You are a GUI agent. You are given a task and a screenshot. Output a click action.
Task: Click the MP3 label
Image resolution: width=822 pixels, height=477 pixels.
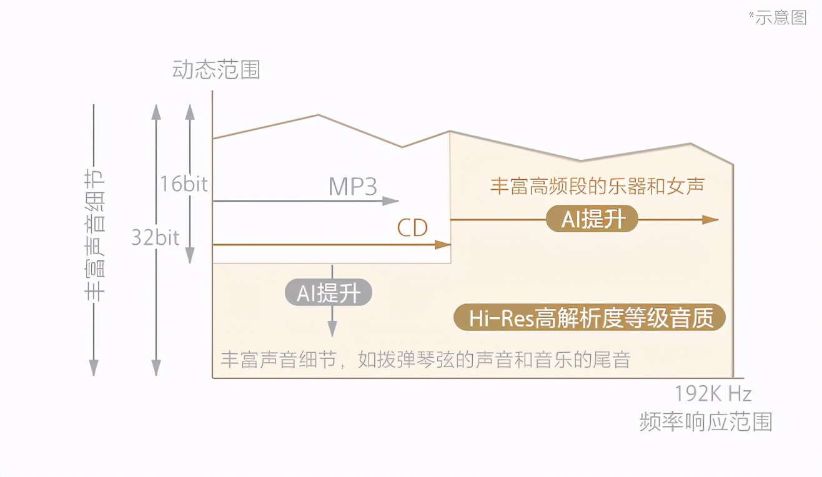(x=354, y=186)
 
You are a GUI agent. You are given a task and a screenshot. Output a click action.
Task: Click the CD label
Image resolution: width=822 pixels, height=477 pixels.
(x=412, y=228)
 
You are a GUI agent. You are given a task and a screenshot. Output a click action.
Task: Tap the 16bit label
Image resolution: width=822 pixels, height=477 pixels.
(x=183, y=184)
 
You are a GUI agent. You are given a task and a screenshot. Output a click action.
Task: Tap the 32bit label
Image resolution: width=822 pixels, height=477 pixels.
(x=155, y=237)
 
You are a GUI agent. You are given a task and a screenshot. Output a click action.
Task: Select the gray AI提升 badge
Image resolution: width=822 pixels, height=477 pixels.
(x=329, y=292)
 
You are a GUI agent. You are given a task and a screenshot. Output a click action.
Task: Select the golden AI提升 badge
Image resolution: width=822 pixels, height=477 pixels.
(x=592, y=219)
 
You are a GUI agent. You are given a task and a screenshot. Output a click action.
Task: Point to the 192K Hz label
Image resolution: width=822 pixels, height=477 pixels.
(x=712, y=394)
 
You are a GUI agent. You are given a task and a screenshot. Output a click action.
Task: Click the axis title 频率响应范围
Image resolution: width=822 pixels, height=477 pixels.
(x=706, y=421)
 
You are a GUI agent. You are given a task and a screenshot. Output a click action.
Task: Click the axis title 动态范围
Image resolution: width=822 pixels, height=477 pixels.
(x=216, y=70)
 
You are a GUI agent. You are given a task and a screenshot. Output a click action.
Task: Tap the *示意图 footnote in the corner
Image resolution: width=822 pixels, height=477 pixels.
(x=778, y=17)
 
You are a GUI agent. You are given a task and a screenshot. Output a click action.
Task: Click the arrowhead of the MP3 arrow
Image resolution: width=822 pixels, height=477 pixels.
(x=392, y=201)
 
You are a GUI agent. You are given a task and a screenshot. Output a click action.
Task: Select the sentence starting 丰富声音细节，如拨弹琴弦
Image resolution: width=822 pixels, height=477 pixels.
(x=425, y=360)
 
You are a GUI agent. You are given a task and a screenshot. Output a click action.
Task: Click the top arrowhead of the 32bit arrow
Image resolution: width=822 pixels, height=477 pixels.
(x=156, y=112)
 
